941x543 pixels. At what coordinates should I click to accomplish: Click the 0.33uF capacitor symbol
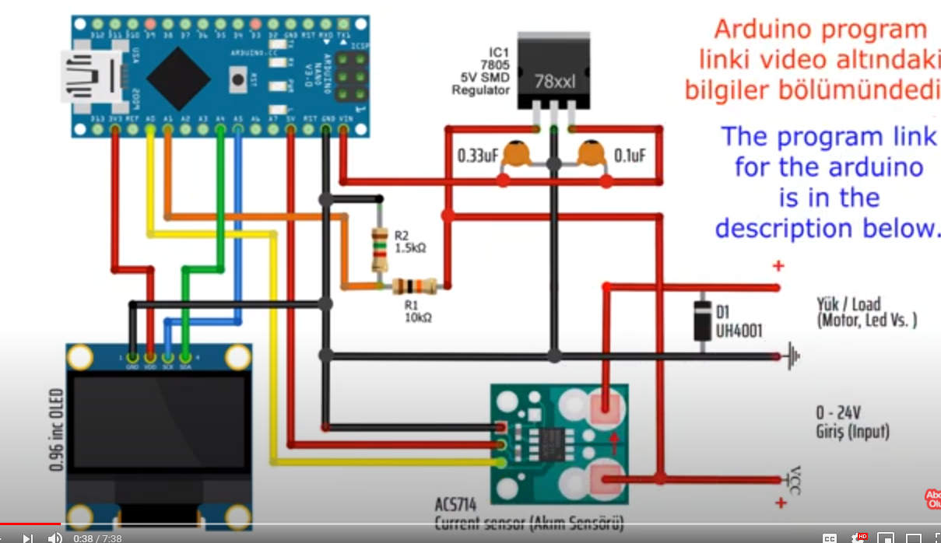point(515,154)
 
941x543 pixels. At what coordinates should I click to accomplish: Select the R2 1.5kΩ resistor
point(380,249)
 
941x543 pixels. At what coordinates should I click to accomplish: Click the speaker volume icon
point(54,538)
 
